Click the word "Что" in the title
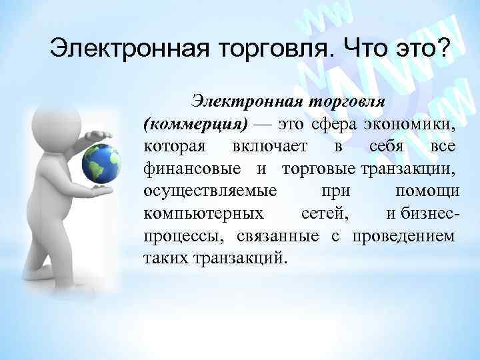click(x=365, y=48)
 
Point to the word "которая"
click(x=169, y=147)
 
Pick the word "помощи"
click(x=427, y=191)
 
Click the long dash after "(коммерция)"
click(x=262, y=125)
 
